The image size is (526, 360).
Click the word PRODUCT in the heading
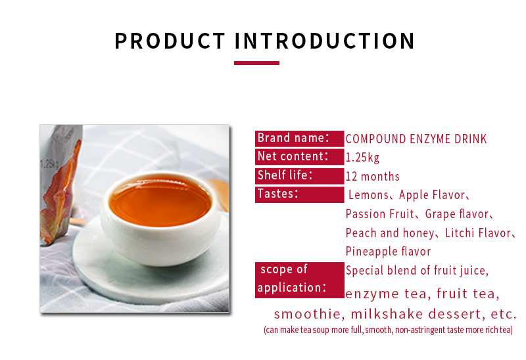pyautogui.click(x=170, y=40)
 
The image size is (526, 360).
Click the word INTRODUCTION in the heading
pyautogui.click(x=325, y=40)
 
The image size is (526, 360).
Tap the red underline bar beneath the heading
pyautogui.click(x=256, y=63)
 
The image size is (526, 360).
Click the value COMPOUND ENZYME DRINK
pyautogui.click(x=416, y=139)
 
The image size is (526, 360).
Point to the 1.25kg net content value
pyautogui.click(x=362, y=158)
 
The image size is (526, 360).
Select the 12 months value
pyautogui.click(x=372, y=176)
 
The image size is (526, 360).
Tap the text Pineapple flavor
pyautogui.click(x=388, y=252)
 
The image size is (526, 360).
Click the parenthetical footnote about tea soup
pyautogui.click(x=388, y=330)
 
